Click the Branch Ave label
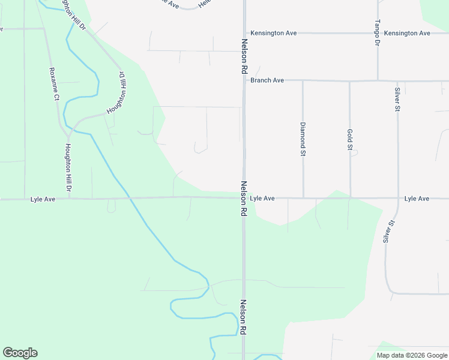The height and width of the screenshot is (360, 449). point(267,80)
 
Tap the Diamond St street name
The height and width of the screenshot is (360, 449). point(303,139)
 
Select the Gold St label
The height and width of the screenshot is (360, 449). point(350,139)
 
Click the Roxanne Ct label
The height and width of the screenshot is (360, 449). point(56,88)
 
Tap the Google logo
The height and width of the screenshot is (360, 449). point(20,353)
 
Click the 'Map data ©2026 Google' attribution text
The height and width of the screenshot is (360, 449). point(412,355)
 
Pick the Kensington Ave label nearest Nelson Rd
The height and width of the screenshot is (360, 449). point(274,34)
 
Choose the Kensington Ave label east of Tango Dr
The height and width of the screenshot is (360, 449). point(407,34)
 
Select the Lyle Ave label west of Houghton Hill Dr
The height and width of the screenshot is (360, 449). point(43,199)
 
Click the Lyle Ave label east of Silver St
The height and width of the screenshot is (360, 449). point(417,199)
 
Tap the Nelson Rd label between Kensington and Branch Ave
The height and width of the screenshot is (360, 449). point(244,57)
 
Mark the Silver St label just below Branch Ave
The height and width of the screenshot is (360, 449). point(397,100)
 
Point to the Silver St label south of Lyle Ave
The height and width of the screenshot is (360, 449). point(389,231)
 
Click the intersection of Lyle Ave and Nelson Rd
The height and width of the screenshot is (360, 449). point(244,198)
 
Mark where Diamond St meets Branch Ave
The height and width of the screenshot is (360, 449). point(303,80)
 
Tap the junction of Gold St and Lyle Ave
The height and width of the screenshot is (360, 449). point(349,197)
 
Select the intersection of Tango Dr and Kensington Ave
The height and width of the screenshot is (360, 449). point(378,33)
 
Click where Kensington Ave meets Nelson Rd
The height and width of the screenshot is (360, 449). point(244,33)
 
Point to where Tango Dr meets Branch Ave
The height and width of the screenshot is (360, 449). point(378,80)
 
